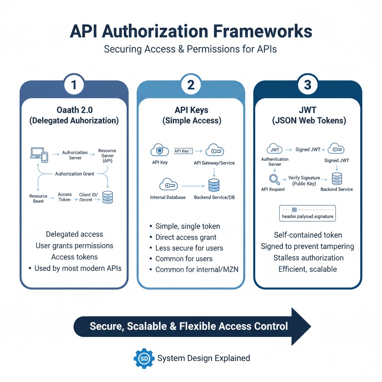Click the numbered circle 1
point(74,85)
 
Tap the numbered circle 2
point(191,85)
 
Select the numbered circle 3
point(307,85)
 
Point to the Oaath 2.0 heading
point(74,110)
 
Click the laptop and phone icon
point(39,155)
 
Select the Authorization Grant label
point(74,174)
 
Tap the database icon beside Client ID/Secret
point(107,197)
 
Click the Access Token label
point(65,197)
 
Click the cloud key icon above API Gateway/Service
point(214,150)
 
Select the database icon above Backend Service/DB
point(214,185)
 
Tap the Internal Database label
point(167,197)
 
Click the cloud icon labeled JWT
point(275,149)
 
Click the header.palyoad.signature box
point(307,213)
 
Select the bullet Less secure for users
point(189,248)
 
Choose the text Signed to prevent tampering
point(307,246)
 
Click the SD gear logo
point(144,358)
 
